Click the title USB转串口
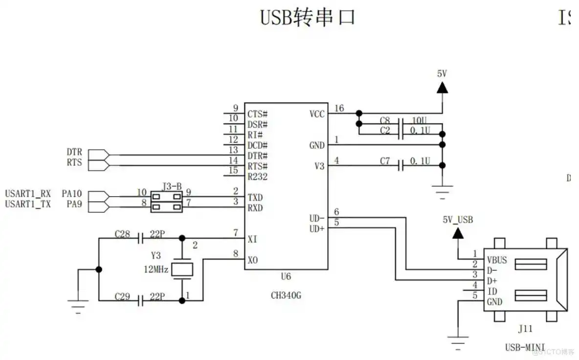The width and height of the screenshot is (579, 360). click(307, 18)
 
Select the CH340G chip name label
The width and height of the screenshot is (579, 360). click(286, 295)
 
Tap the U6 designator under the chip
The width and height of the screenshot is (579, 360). click(286, 276)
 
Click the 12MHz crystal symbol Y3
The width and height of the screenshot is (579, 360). click(183, 269)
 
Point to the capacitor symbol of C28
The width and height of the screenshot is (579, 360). click(140, 238)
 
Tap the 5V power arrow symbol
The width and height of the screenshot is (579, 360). click(442, 87)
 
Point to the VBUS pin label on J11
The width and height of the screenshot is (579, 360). click(497, 260)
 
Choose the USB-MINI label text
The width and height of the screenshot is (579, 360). click(525, 347)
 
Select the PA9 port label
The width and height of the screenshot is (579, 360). click(74, 204)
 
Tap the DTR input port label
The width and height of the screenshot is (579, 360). click(74, 152)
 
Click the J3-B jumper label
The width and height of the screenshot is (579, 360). click(172, 186)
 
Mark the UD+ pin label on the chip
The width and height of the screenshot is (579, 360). click(317, 228)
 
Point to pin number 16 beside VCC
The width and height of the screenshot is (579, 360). click(339, 108)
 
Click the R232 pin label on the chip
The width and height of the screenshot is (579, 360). click(257, 177)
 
